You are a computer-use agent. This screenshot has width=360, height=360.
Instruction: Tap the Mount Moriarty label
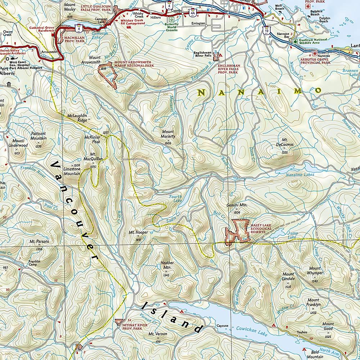pyautogui.click(x=168, y=134)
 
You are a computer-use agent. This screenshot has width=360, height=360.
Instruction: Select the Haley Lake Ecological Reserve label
pyautogui.click(x=257, y=229)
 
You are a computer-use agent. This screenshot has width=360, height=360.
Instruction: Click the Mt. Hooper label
pyautogui.click(x=138, y=233)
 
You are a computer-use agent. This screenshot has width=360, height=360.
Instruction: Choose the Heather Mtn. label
pyautogui.click(x=167, y=265)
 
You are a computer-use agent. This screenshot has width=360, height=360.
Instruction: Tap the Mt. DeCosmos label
pyautogui.click(x=288, y=142)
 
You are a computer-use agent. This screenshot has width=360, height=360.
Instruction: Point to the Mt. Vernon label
pyautogui.click(x=158, y=334)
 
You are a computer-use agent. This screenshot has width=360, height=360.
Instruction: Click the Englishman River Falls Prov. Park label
pyautogui.click(x=228, y=69)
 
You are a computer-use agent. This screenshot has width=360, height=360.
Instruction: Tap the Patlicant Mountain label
pyautogui.click(x=38, y=136)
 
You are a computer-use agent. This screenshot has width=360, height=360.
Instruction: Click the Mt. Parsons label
pyautogui.click(x=39, y=242)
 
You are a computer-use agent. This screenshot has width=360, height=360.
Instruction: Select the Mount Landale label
pyautogui.click(x=288, y=276)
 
